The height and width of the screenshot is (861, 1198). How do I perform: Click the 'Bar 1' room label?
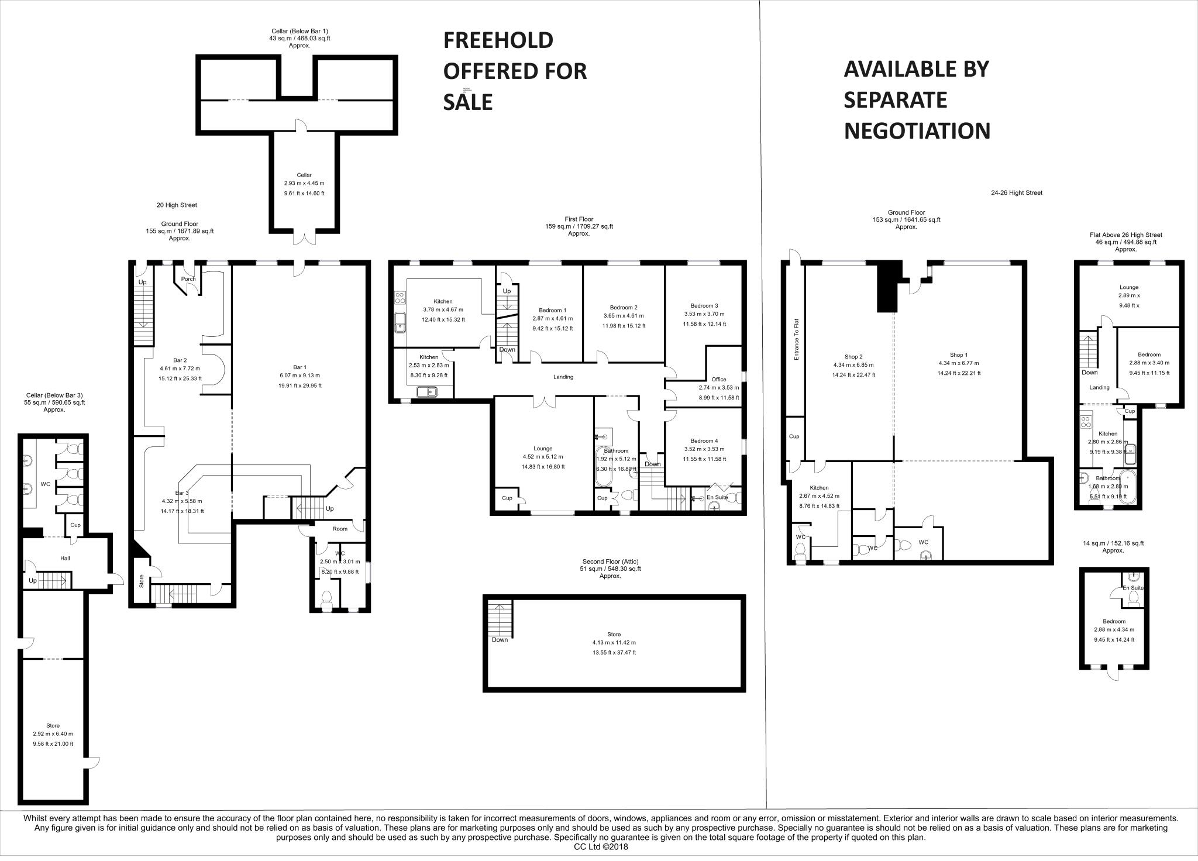300,367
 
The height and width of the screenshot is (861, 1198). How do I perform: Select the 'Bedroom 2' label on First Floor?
624,307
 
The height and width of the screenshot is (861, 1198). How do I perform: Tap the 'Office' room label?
719,379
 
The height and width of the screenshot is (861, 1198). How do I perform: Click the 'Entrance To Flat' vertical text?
796,339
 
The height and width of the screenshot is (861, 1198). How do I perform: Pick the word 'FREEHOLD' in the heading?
498,40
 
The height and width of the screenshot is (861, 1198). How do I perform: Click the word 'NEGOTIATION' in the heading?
917,130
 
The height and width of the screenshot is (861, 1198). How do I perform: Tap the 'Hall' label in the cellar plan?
65,558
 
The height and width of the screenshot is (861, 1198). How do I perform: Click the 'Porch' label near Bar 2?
188,279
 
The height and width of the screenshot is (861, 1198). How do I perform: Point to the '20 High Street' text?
177,205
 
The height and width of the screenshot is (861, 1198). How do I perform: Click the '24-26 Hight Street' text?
1017,192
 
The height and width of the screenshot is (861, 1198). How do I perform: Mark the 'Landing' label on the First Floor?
563,377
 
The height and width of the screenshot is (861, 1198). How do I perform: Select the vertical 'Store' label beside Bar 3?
142,580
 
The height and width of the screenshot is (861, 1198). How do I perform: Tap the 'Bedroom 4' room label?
704,440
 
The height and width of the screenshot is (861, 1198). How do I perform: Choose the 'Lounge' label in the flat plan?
1129,287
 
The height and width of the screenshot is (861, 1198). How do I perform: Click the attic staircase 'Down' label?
500,639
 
